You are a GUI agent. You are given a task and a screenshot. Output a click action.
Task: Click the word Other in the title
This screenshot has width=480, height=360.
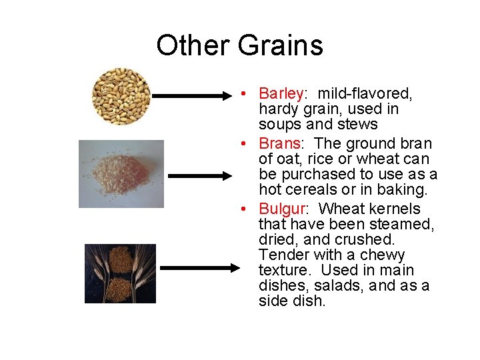(x=191, y=45)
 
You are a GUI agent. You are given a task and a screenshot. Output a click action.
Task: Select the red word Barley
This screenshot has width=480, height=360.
(x=281, y=93)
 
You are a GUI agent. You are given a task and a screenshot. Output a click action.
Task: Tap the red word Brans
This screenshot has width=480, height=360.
(x=280, y=143)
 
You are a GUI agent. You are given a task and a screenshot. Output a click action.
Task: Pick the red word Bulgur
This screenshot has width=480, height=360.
(x=281, y=208)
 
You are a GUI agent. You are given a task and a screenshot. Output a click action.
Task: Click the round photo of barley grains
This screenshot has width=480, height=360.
(x=121, y=97)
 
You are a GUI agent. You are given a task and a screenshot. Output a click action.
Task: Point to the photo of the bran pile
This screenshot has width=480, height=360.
(x=121, y=174)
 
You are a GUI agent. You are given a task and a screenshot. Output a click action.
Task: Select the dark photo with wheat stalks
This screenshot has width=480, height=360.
(x=120, y=273)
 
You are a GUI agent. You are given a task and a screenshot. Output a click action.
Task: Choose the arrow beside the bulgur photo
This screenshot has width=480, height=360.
(x=199, y=268)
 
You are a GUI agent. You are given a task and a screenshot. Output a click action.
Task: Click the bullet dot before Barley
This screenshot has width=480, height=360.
(x=246, y=93)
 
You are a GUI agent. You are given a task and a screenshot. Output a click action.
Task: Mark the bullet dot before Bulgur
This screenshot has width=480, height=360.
(x=246, y=208)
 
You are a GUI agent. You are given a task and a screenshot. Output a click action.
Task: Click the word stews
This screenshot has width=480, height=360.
(x=359, y=125)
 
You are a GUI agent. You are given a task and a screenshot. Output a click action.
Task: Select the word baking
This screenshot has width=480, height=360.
(x=403, y=190)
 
